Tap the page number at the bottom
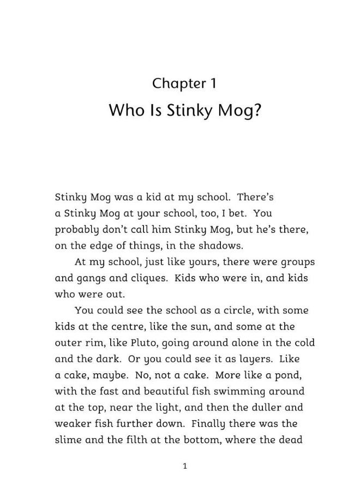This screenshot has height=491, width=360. [185, 466]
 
